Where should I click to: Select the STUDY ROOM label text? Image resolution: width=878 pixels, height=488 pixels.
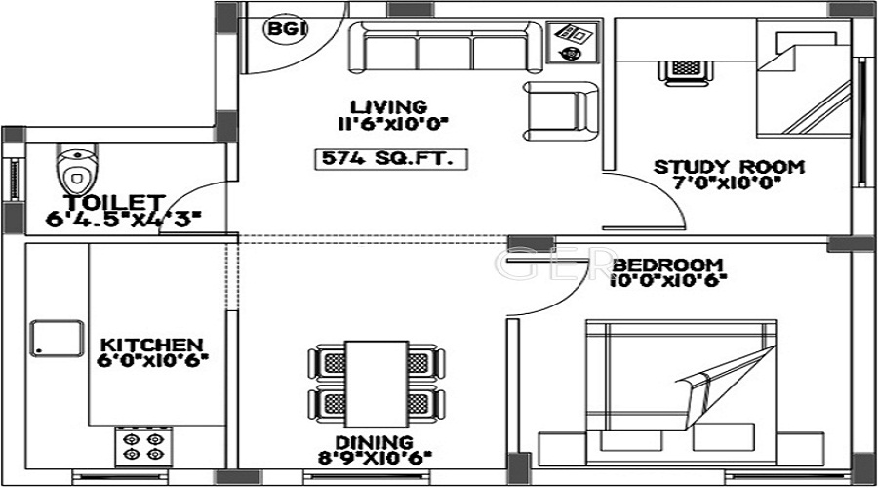(x=729, y=167)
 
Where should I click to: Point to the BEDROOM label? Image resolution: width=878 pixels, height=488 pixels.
(x=668, y=264)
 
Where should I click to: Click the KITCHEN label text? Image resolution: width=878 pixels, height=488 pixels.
(x=152, y=346)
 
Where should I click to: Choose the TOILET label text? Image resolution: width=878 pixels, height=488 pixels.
(x=102, y=202)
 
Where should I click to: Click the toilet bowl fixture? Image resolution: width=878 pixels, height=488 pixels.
(x=74, y=172)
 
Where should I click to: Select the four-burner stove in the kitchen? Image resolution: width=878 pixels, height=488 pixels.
(x=143, y=447)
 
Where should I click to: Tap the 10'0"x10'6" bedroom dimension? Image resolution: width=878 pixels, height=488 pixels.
(x=668, y=282)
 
